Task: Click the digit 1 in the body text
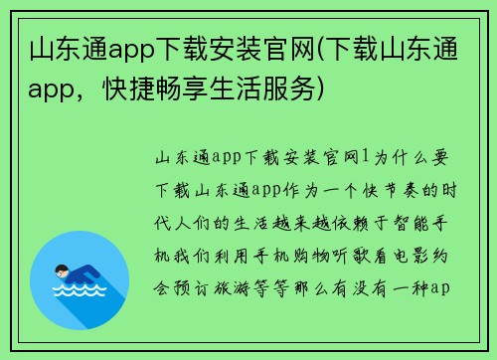click(x=366, y=156)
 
